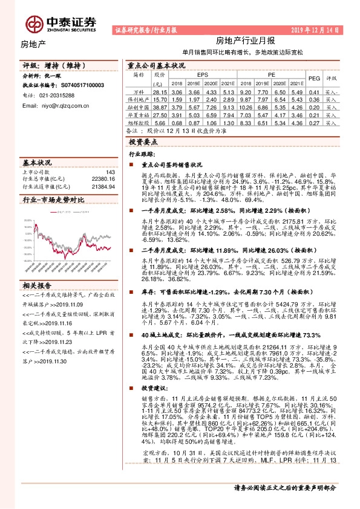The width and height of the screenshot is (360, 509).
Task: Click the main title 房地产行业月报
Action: [x=246, y=41]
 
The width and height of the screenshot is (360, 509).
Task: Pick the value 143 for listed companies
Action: [x=110, y=172]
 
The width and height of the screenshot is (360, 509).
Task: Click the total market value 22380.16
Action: [x=102, y=180]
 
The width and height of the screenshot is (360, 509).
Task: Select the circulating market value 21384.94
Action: [x=102, y=187]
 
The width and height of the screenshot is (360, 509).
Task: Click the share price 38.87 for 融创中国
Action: [x=160, y=106]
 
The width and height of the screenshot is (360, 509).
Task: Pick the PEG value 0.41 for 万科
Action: [x=313, y=91]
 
